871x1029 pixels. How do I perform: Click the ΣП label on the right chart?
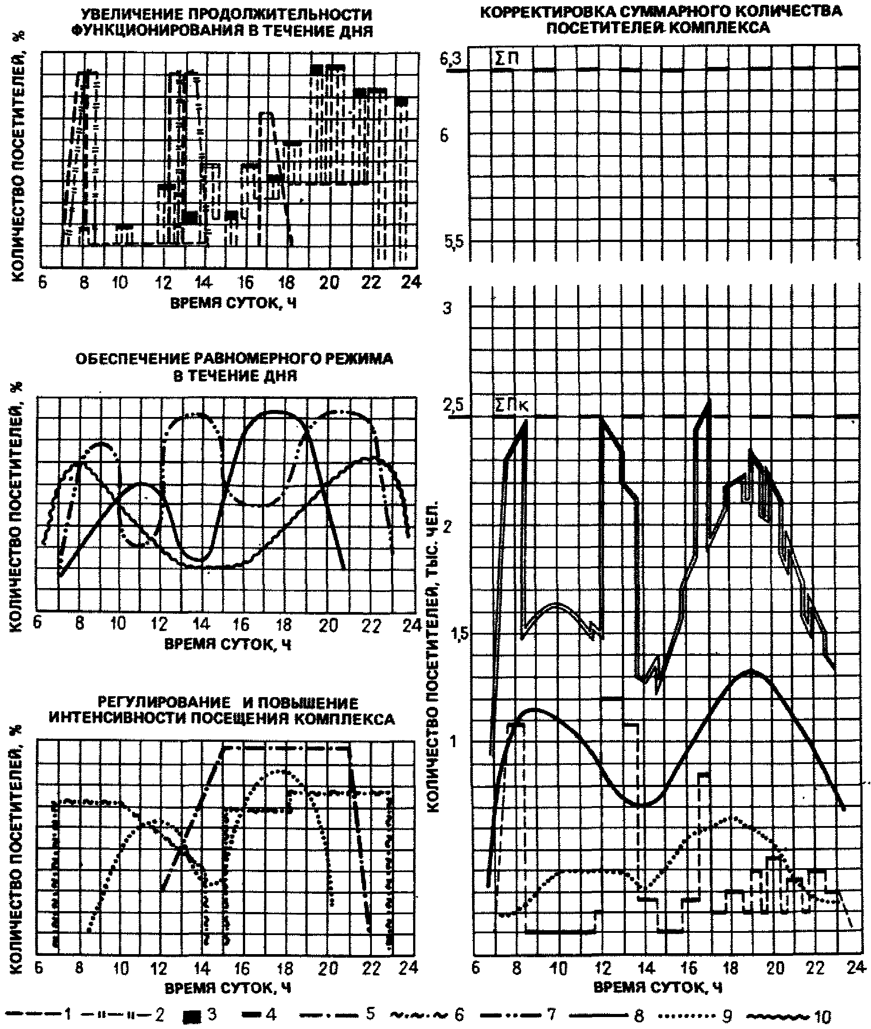(x=506, y=60)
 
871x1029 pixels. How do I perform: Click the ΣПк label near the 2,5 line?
(x=512, y=405)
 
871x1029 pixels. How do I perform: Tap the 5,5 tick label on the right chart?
(x=450, y=243)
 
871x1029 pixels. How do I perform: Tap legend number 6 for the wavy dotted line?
(x=459, y=1015)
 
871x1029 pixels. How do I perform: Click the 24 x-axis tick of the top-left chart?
(x=411, y=282)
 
